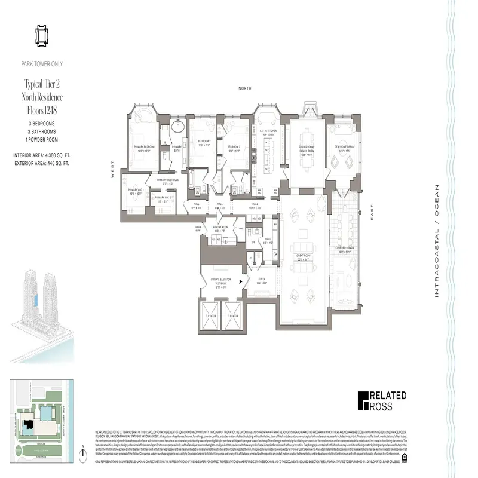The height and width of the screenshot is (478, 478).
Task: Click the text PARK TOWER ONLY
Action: pos(42,64)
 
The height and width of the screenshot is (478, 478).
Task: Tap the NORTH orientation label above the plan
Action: pos(244,87)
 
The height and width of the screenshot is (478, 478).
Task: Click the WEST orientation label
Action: pos(112,172)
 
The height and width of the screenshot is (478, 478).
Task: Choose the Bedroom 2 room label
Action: pos(203,142)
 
